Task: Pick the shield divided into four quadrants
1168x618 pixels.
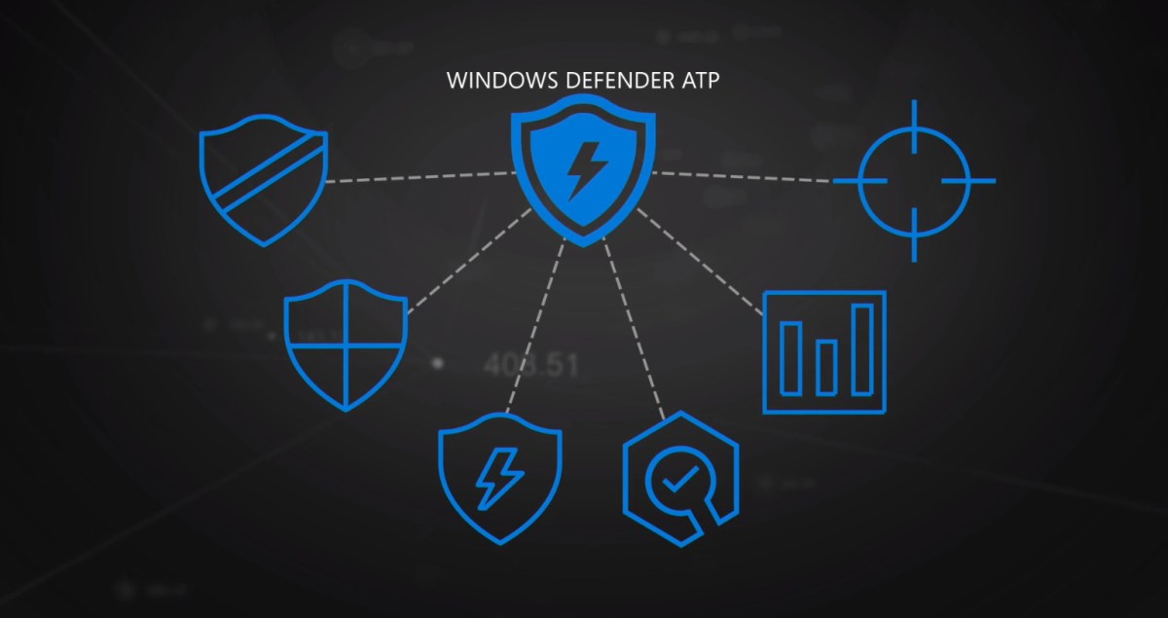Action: [x=346, y=344]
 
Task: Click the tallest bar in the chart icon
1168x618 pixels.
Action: [x=862, y=348]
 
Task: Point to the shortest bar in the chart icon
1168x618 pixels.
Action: [x=826, y=367]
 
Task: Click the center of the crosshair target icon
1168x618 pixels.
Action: [x=915, y=181]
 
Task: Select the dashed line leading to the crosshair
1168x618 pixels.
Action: [x=745, y=176]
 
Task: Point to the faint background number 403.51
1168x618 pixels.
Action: [x=531, y=366]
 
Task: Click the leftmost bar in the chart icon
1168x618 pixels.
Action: [x=791, y=356]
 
